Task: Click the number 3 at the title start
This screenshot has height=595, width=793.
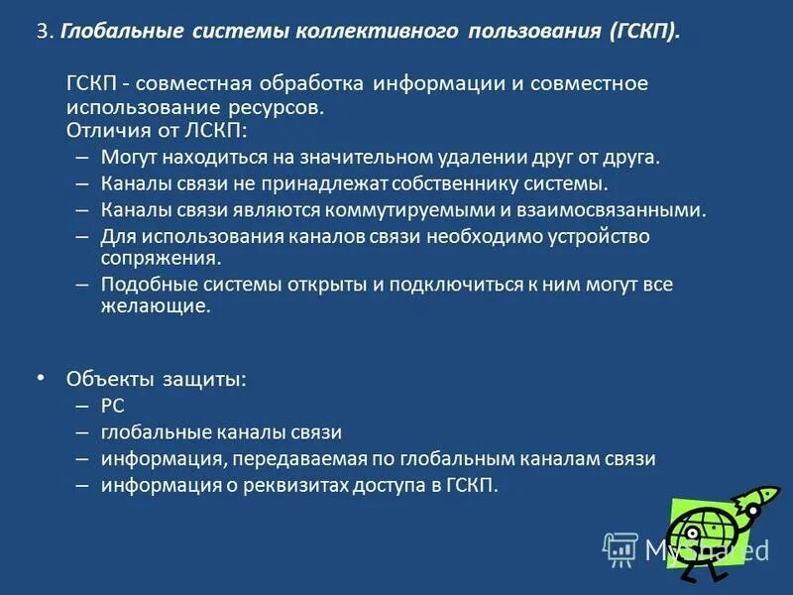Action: (x=42, y=32)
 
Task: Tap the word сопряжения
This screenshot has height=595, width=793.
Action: (x=160, y=258)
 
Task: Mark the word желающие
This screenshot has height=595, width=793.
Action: (x=155, y=307)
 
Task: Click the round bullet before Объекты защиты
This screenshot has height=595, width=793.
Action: (x=41, y=378)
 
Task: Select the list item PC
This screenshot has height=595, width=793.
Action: (x=112, y=406)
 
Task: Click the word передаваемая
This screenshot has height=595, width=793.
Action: (x=298, y=459)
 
